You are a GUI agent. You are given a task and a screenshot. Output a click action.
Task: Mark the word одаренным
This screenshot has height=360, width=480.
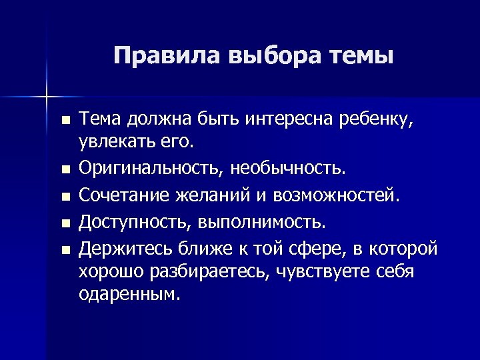[x=129, y=294]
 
